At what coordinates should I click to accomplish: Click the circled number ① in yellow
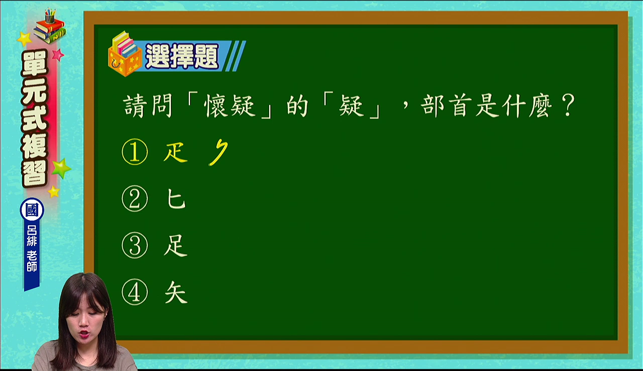[135, 152]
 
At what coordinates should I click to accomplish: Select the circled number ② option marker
[135, 199]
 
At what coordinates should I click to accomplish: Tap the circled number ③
[135, 245]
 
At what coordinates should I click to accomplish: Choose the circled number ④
[135, 292]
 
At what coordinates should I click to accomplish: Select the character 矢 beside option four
[176, 292]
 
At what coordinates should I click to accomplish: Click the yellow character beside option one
[175, 152]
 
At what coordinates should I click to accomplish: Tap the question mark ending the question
[568, 106]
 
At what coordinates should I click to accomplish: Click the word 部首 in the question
[447, 106]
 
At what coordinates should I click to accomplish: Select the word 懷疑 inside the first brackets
[230, 106]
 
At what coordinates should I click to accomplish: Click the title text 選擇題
[182, 56]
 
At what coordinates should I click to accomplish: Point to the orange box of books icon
[125, 54]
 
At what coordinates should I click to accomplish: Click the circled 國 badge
[32, 210]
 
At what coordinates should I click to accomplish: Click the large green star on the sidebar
[61, 168]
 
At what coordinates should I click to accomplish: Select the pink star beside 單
[58, 55]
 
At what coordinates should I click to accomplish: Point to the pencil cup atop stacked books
[50, 17]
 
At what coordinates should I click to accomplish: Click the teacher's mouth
[85, 334]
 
